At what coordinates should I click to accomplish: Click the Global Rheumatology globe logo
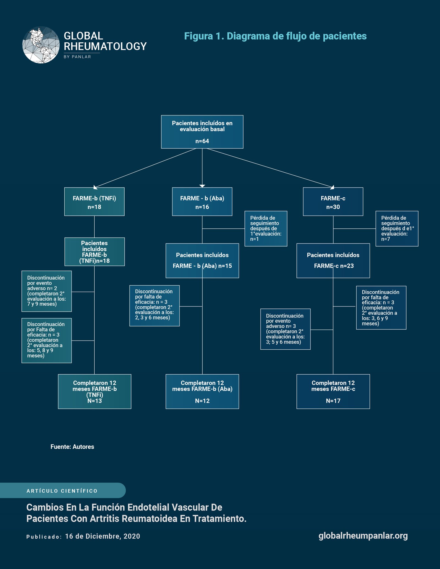click(41, 45)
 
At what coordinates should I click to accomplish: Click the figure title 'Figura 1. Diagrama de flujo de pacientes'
click(275, 36)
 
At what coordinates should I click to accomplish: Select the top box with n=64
click(202, 132)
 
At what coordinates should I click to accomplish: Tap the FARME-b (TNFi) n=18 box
click(94, 201)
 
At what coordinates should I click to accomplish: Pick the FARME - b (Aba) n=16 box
click(202, 201)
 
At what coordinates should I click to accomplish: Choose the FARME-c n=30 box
click(333, 201)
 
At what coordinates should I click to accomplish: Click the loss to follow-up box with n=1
click(266, 229)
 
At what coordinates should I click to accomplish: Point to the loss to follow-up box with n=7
click(397, 229)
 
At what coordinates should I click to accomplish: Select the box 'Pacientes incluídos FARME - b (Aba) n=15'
click(202, 261)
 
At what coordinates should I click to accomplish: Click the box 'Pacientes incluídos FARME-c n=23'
click(333, 261)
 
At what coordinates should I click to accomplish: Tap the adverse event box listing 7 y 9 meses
click(47, 291)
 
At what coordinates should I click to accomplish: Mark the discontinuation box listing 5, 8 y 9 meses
click(47, 341)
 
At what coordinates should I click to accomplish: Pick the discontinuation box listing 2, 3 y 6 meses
click(155, 306)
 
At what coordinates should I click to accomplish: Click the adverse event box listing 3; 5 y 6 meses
click(285, 329)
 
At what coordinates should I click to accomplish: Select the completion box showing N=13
click(95, 391)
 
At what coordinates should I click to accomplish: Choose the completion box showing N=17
click(333, 391)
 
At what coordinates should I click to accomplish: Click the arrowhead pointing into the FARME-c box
click(332, 187)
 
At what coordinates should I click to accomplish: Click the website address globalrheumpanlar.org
click(363, 536)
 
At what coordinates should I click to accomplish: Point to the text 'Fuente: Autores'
click(72, 447)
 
